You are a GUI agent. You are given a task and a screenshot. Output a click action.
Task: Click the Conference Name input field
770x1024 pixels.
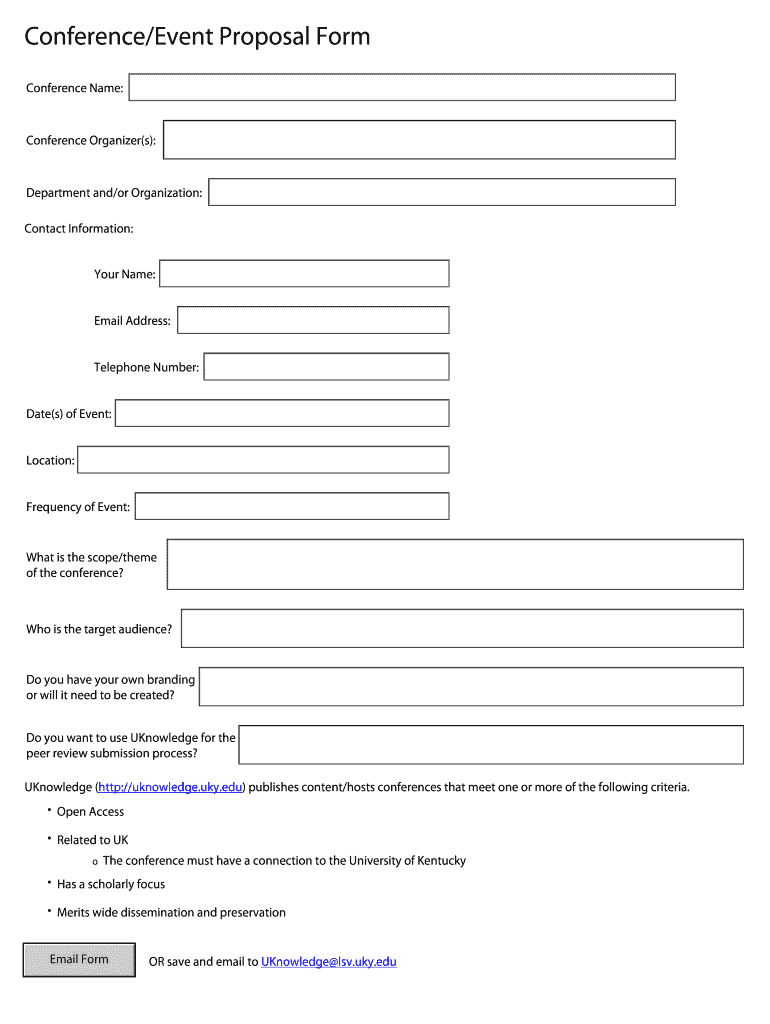coord(402,87)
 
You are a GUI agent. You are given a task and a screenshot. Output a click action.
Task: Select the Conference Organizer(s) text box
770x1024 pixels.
coord(419,140)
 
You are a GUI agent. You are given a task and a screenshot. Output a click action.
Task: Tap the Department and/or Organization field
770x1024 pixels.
coord(441,192)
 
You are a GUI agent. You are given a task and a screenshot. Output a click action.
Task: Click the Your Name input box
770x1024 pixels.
coord(304,273)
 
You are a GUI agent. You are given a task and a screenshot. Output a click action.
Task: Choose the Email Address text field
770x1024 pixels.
coord(313,320)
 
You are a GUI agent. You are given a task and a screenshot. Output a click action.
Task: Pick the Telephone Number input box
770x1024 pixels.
coord(326,367)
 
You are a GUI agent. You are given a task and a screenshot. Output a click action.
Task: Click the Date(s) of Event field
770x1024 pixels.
coord(282,413)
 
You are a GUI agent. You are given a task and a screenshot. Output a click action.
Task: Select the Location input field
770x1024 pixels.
coord(263,460)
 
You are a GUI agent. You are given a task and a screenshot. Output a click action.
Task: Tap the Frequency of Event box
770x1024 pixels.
coord(291,506)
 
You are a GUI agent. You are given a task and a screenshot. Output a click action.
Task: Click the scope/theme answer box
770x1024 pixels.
coord(455,564)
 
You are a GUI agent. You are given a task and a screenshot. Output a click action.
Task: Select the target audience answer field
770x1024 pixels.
coord(462,628)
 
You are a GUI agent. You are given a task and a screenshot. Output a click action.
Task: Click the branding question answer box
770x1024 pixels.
coord(471,686)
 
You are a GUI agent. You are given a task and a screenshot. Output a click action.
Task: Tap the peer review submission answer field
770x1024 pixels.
coord(491,745)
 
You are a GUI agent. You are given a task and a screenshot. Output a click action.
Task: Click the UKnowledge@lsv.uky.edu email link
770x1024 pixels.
coord(328,962)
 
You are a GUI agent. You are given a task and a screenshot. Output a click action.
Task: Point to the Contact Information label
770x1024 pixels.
coord(79,229)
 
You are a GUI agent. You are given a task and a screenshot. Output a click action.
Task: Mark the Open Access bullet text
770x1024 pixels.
coord(90,812)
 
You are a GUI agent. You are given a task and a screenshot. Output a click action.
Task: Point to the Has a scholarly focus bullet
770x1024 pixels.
coord(111,884)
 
